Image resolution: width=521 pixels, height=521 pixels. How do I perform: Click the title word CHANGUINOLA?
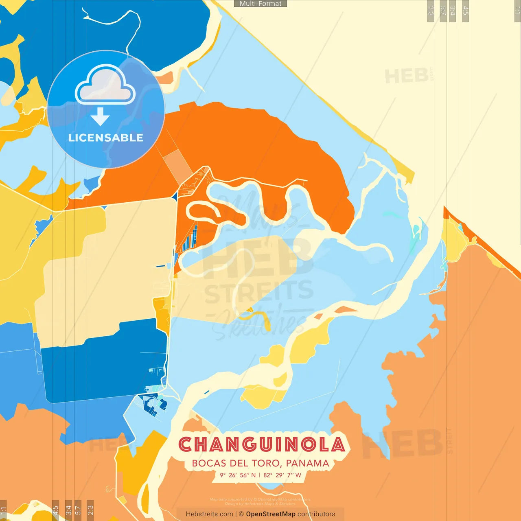(262, 444)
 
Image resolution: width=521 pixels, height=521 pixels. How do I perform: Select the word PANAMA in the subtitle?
(307, 463)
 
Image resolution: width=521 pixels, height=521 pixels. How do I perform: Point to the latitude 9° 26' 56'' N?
(238, 475)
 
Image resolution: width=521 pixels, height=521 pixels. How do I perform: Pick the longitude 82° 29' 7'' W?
(282, 475)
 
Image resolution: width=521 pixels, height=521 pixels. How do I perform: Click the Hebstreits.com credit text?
(209, 514)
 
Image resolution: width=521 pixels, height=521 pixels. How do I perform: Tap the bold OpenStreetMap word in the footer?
(270, 514)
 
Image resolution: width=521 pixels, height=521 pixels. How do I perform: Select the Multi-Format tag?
(260, 4)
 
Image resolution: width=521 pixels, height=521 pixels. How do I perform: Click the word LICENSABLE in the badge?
(105, 138)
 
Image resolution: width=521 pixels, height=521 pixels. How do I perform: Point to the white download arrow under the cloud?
(100, 117)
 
